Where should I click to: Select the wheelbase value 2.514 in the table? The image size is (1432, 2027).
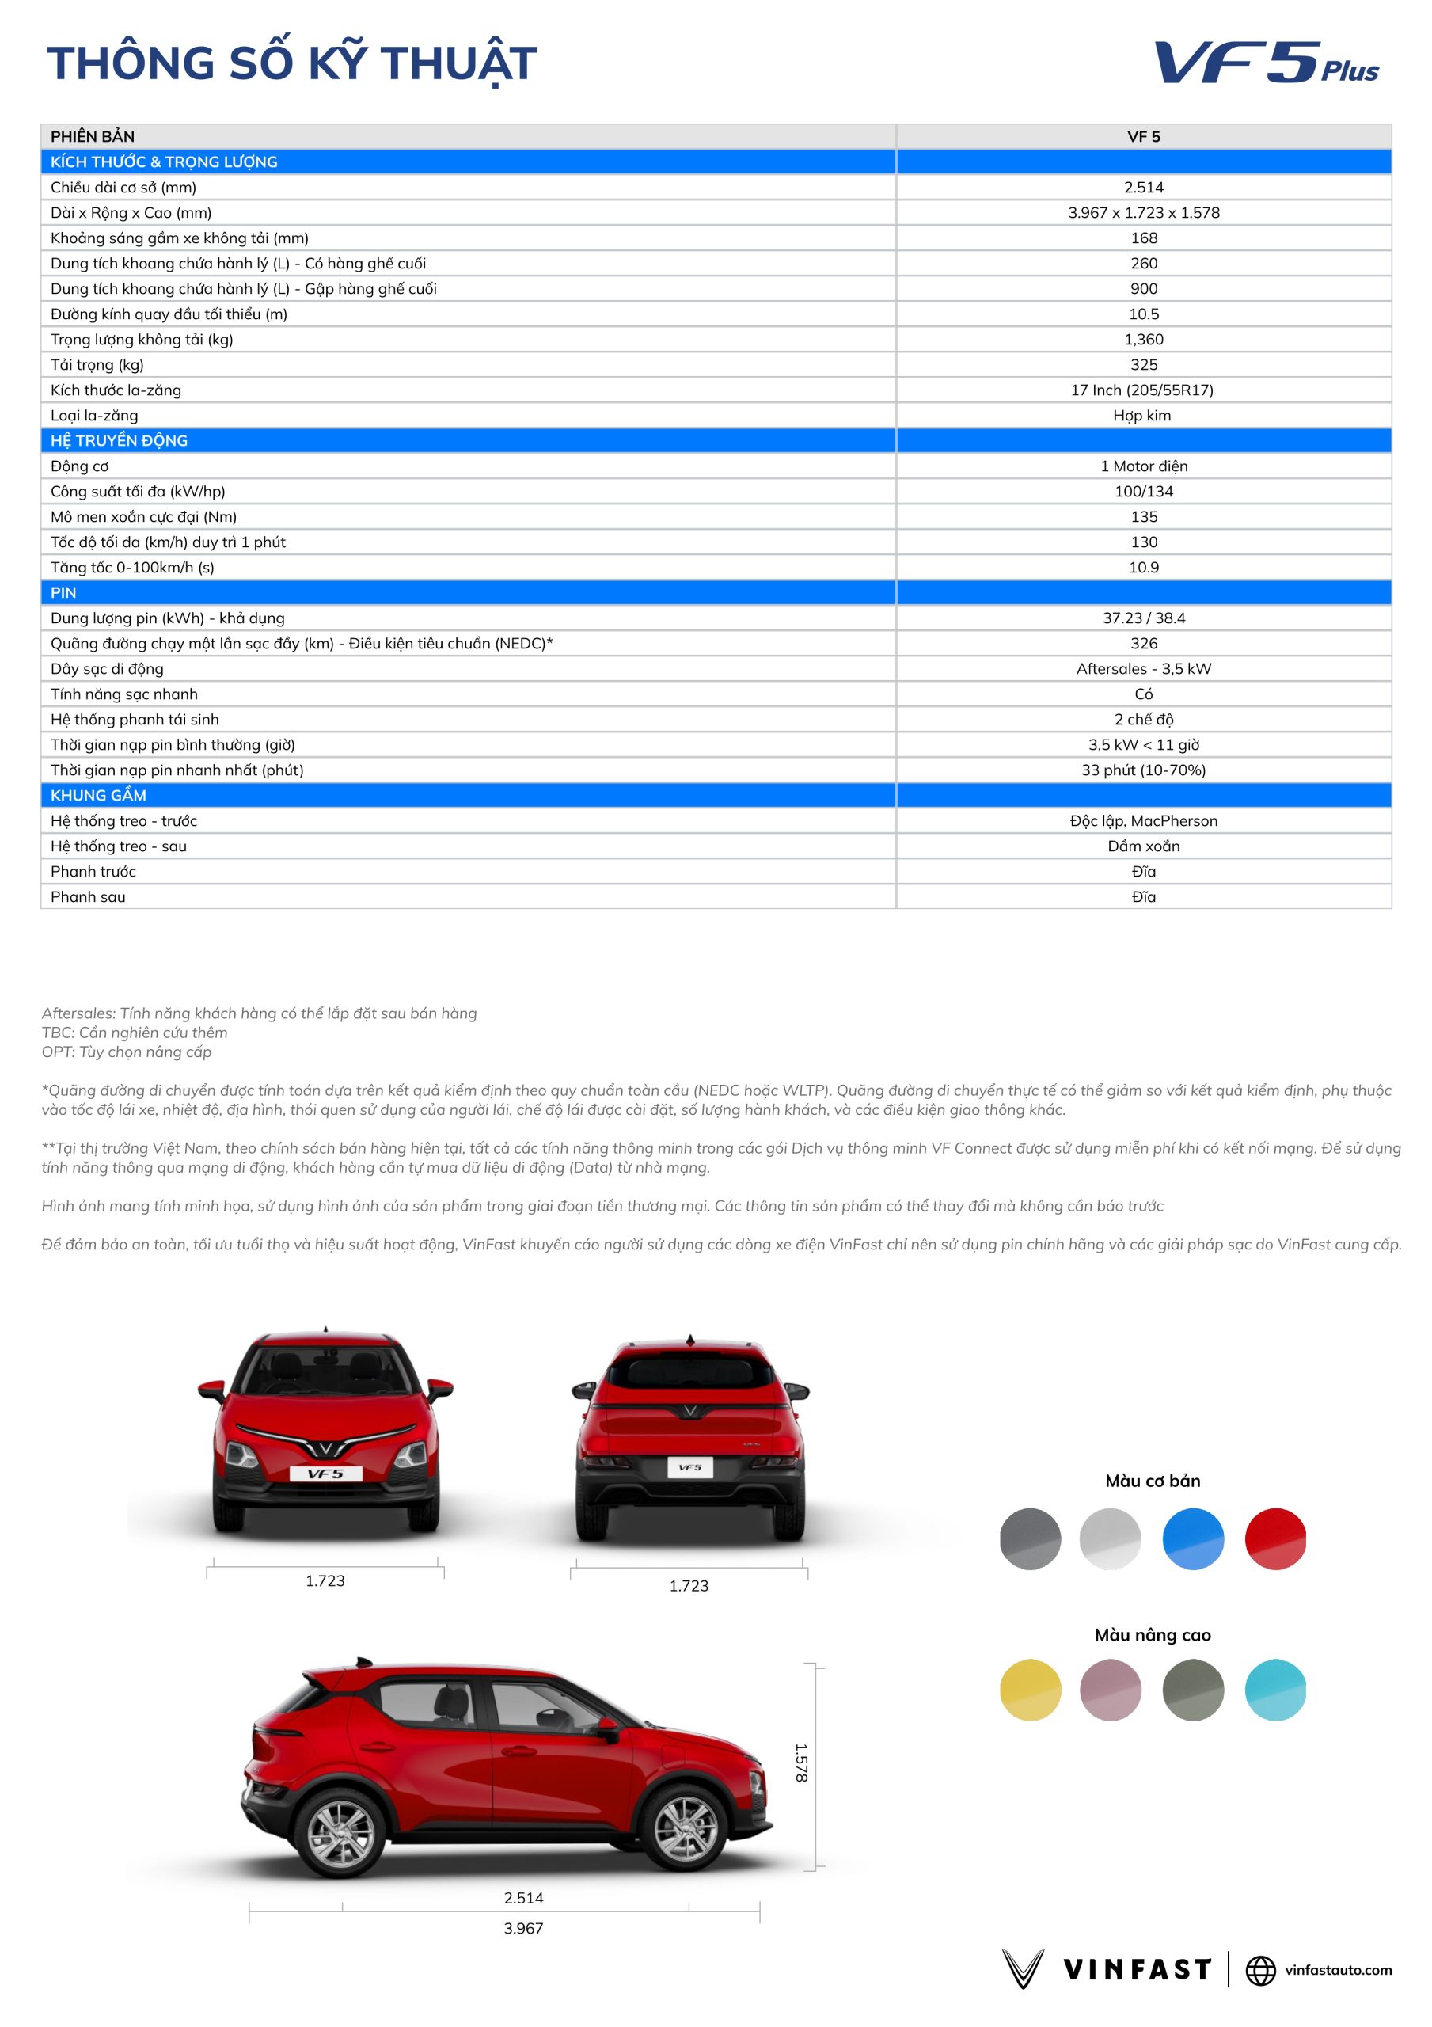pyautogui.click(x=1143, y=187)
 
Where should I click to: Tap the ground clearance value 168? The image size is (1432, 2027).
pyautogui.click(x=1143, y=238)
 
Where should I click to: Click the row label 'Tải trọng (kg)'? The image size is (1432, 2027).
pyautogui.click(x=97, y=364)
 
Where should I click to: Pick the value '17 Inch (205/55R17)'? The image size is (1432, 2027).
pyautogui.click(x=1141, y=390)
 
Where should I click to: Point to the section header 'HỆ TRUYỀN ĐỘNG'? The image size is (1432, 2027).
pyautogui.click(x=120, y=440)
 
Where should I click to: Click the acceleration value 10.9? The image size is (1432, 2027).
pyautogui.click(x=1143, y=568)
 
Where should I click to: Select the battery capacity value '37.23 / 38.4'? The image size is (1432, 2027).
pyautogui.click(x=1143, y=618)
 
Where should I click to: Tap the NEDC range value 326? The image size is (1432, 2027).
pyautogui.click(x=1143, y=644)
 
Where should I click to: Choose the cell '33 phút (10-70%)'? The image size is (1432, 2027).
pyautogui.click(x=1143, y=770)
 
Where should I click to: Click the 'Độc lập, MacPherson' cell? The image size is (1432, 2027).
pyautogui.click(x=1143, y=821)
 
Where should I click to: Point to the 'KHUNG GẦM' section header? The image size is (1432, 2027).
pyautogui.click(x=98, y=796)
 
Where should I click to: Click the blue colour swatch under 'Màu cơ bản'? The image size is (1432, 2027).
pyautogui.click(x=1193, y=1538)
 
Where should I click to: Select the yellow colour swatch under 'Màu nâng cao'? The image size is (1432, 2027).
pyautogui.click(x=1029, y=1690)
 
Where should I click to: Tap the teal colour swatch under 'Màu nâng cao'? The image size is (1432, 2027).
pyautogui.click(x=1274, y=1690)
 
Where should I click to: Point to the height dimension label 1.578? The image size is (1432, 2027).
pyautogui.click(x=801, y=1763)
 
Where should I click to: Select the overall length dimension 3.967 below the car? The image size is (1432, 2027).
pyautogui.click(x=523, y=1928)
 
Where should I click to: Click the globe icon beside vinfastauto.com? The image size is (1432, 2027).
pyautogui.click(x=1260, y=1970)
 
